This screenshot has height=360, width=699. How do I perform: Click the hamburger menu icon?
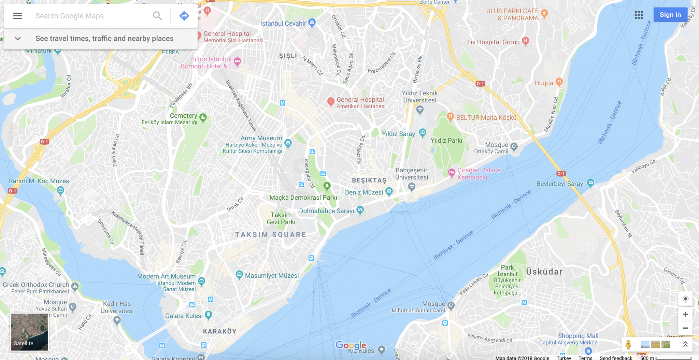pyautogui.click(x=18, y=16)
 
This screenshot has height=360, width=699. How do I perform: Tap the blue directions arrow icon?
pyautogui.click(x=184, y=16)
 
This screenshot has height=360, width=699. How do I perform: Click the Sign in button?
pyautogui.click(x=670, y=15)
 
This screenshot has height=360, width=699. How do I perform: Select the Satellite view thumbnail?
pyautogui.click(x=29, y=332)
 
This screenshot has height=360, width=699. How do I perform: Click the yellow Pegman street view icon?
pyautogui.click(x=628, y=344)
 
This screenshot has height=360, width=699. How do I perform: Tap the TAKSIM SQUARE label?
pyautogui.click(x=271, y=235)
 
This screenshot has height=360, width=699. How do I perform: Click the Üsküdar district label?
pyautogui.click(x=544, y=272)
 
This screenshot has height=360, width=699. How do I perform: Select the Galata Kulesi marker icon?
pyautogui.click(x=209, y=315)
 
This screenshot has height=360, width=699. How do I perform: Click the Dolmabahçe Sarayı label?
pyautogui.click(x=326, y=211)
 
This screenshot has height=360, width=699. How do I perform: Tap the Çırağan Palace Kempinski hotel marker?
pyautogui.click(x=452, y=173)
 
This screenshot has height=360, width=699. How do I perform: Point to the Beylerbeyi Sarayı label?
pyautogui.click(x=560, y=184)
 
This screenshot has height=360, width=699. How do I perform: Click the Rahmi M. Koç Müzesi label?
pyautogui.click(x=40, y=181)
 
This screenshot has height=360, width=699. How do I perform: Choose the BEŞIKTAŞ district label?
pyautogui.click(x=369, y=181)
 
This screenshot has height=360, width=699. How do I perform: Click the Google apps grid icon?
pyautogui.click(x=639, y=15)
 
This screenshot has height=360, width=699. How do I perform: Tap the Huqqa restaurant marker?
pyautogui.click(x=559, y=82)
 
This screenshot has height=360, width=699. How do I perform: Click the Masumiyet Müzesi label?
pyautogui.click(x=272, y=276)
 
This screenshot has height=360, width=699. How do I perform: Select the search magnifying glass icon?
pyautogui.click(x=157, y=16)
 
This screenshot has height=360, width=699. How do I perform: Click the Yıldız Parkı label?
pyautogui.click(x=446, y=141)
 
